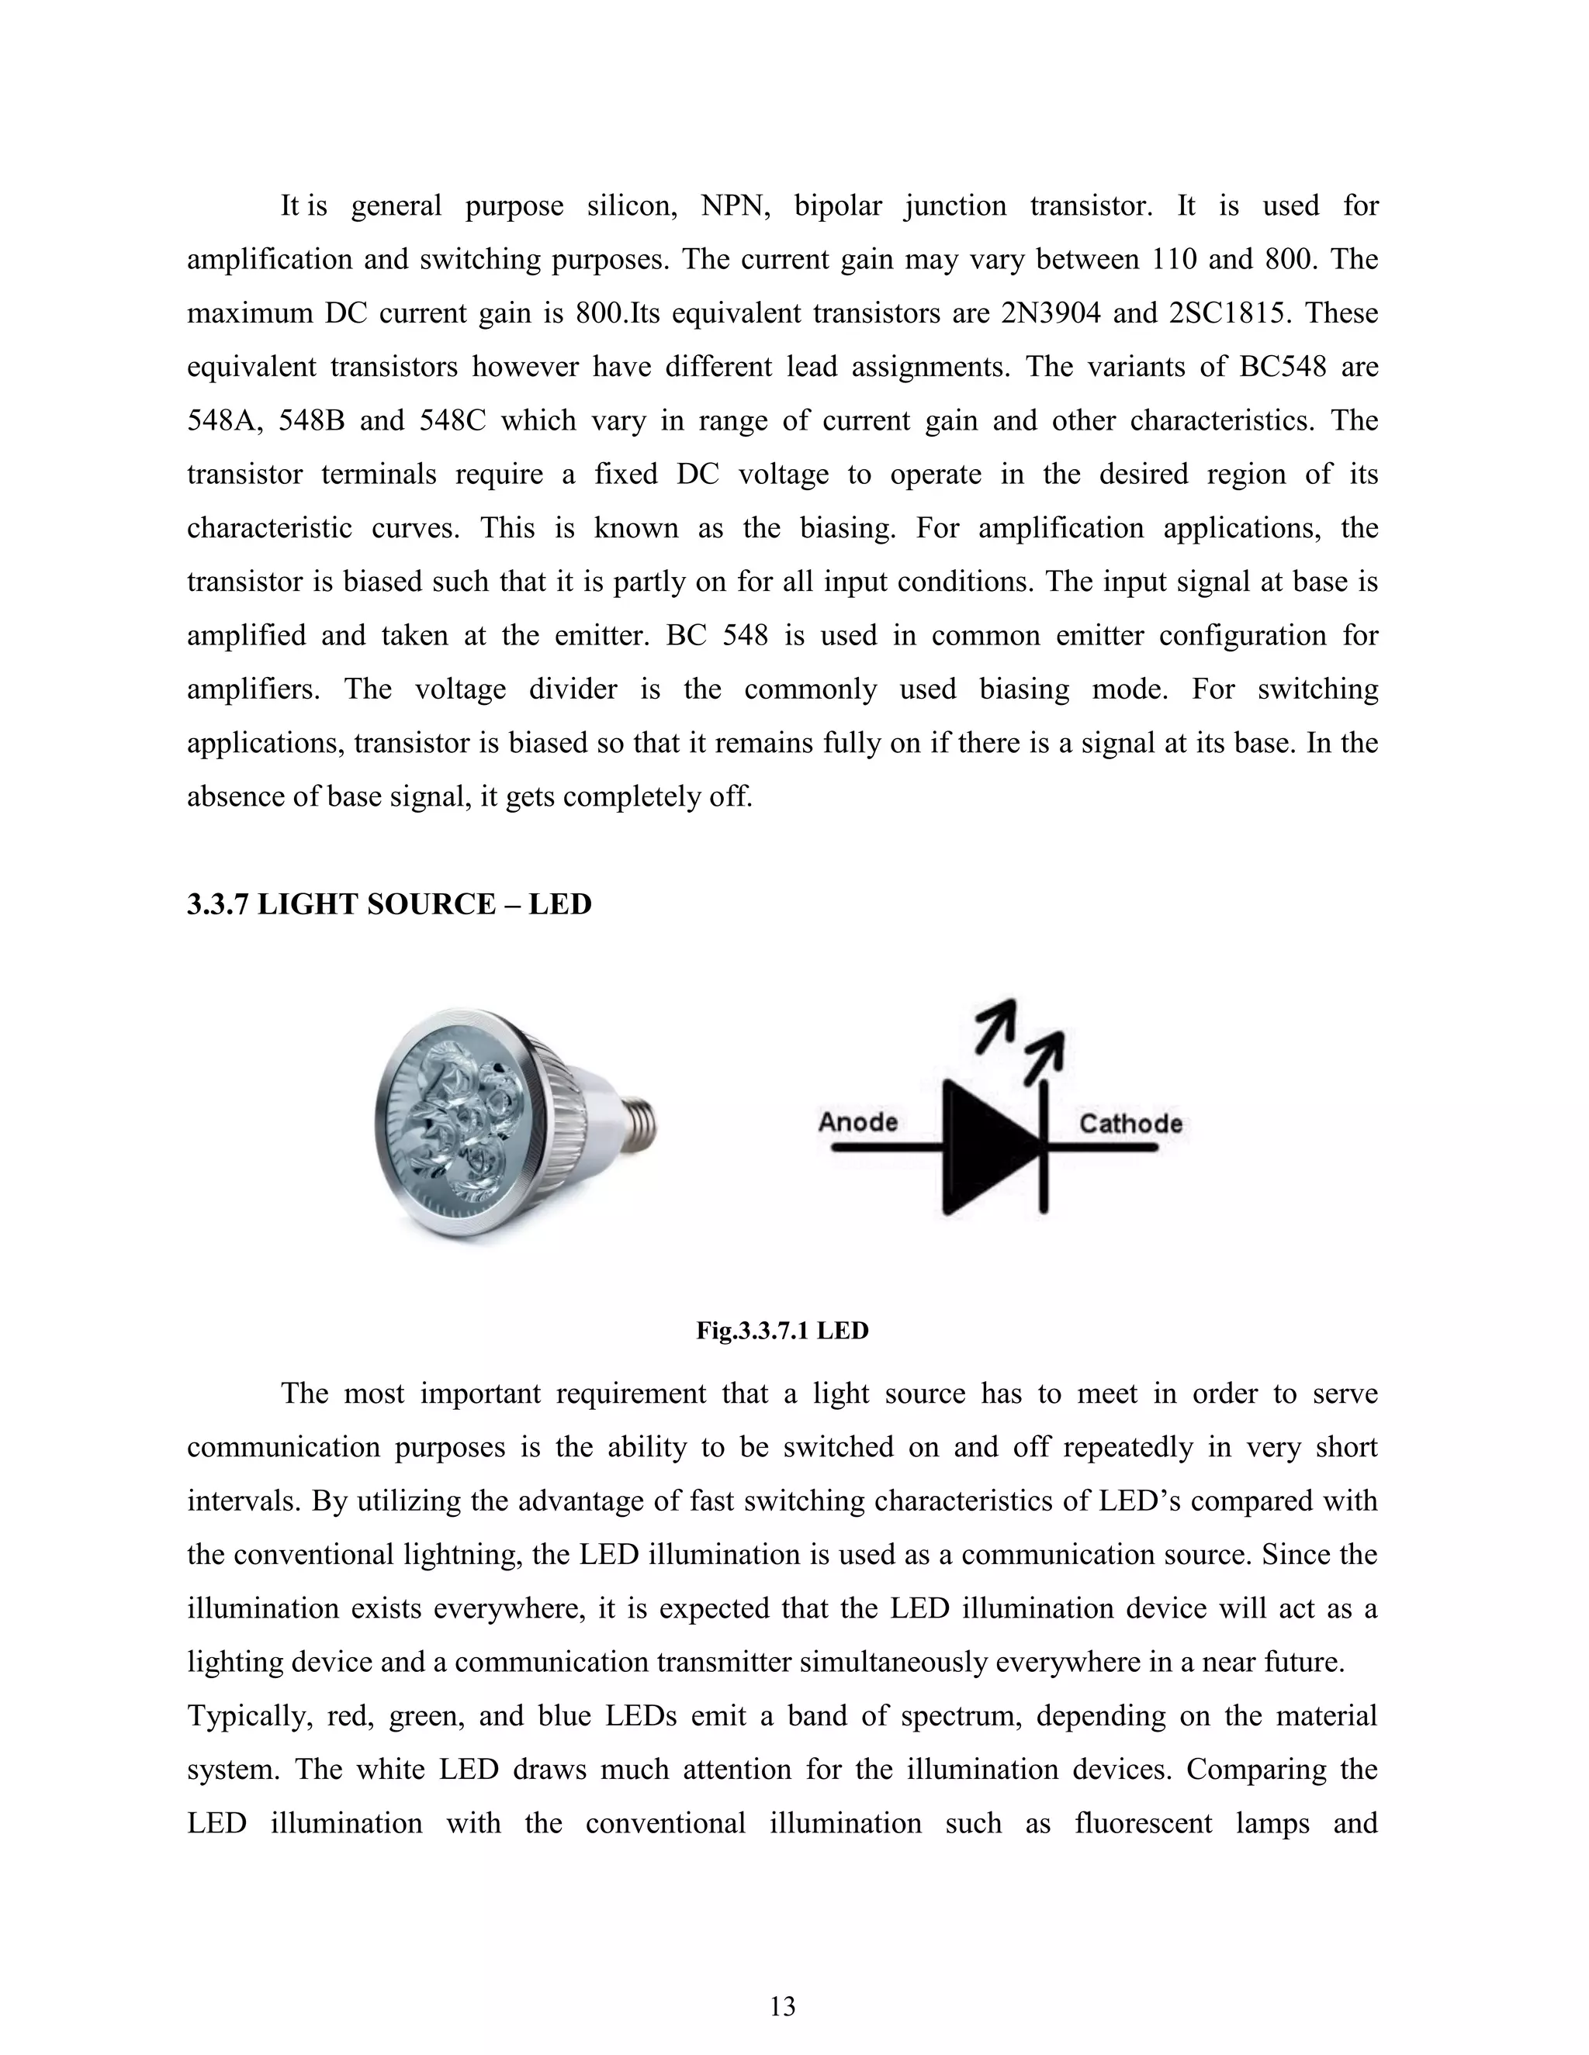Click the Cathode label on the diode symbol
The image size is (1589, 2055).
(1130, 1123)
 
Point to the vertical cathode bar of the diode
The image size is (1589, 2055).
(1043, 1148)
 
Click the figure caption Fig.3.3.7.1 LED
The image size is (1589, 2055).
(782, 1331)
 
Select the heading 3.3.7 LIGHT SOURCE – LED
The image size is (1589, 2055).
(389, 904)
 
